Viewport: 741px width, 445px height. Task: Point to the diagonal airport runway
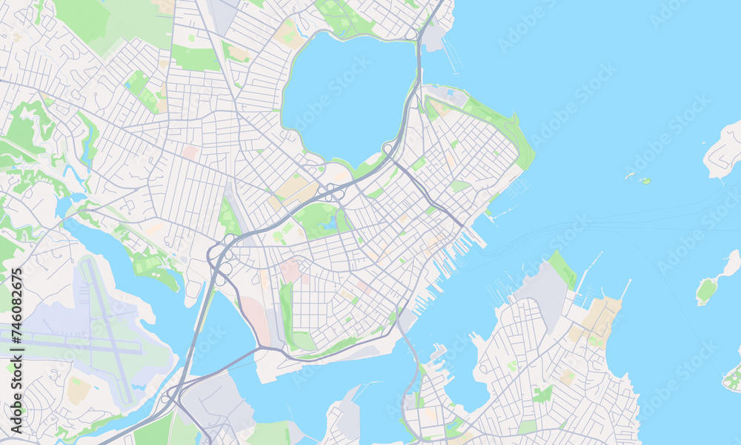pyautogui.click(x=107, y=326)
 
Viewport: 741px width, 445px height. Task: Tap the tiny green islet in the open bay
pyautogui.click(x=645, y=180)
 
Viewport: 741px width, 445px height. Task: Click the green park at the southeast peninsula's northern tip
pyautogui.click(x=562, y=268)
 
